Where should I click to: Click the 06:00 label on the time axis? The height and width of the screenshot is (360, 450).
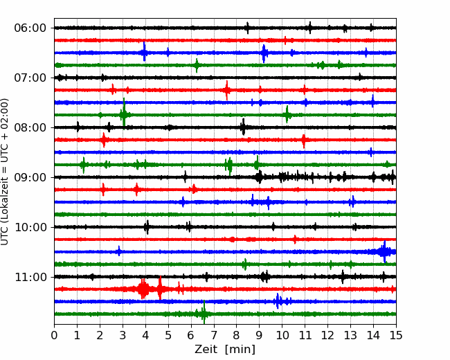click(30, 28)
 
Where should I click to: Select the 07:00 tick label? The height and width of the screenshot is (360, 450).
click(30, 78)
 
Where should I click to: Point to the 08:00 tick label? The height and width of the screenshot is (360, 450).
click(30, 127)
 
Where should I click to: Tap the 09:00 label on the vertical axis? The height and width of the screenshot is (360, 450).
click(30, 177)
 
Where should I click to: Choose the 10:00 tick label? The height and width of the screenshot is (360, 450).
click(30, 227)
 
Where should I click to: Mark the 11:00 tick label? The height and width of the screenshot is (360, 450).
click(30, 277)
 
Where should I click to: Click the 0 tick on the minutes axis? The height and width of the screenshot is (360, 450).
click(54, 335)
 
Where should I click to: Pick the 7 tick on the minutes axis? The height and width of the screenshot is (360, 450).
click(214, 335)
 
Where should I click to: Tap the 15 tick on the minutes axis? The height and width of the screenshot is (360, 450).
click(396, 335)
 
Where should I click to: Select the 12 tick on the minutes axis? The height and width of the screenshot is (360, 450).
click(327, 335)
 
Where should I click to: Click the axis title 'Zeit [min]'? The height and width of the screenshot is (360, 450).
click(225, 350)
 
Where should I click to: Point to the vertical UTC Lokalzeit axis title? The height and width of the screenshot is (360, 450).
click(4, 172)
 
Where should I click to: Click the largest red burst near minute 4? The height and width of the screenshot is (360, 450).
click(143, 289)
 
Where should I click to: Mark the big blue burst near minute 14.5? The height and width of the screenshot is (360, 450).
click(384, 252)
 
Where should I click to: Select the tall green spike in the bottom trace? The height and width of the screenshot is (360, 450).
click(204, 312)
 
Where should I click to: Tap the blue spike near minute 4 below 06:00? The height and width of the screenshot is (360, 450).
click(145, 52)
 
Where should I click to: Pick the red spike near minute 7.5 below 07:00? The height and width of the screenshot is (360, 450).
click(227, 90)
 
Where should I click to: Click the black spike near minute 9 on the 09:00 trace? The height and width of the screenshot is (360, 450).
click(259, 177)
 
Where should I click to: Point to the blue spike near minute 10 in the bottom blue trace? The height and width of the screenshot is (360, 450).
click(278, 301)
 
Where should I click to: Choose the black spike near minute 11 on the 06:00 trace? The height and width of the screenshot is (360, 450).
click(310, 28)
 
